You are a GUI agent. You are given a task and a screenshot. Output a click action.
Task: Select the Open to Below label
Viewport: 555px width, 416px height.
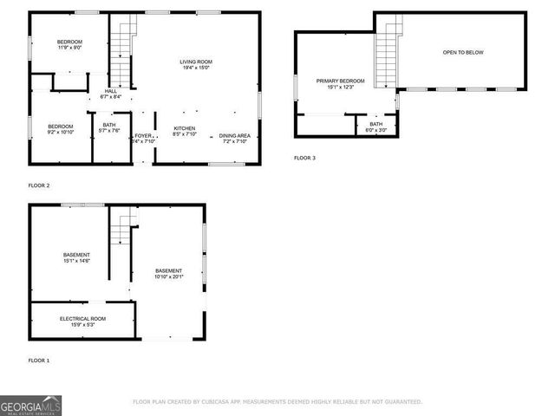coord(463,53)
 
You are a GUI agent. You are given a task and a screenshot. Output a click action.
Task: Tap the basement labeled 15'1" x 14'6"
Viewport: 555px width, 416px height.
coord(76,257)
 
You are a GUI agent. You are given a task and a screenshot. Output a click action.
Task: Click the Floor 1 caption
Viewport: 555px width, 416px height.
coord(39,360)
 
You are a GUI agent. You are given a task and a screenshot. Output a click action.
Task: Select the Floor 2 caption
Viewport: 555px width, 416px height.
coord(39,185)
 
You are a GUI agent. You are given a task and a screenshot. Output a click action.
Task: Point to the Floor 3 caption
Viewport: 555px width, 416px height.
coord(304,158)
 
